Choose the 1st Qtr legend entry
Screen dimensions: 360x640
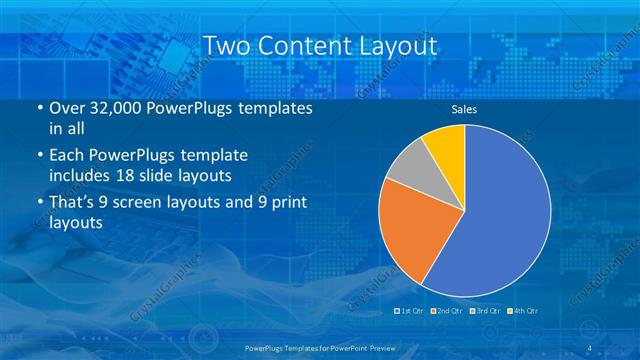[411, 311]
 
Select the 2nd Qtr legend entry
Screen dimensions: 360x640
[447, 311]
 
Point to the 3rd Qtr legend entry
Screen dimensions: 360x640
[484, 311]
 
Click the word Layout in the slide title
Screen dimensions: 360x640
[390, 46]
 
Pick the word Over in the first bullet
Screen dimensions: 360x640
[66, 107]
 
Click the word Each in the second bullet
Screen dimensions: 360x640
[66, 156]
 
